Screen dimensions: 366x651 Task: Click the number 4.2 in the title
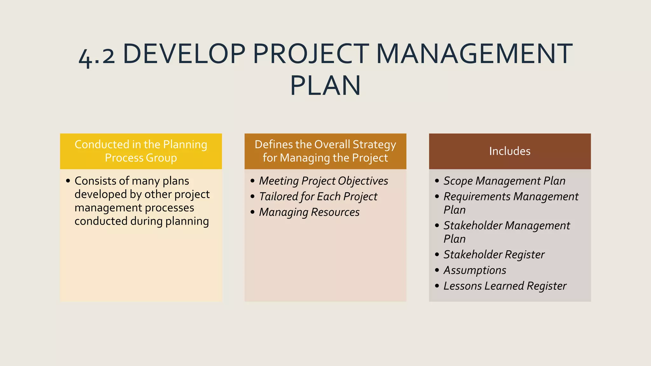pyautogui.click(x=97, y=56)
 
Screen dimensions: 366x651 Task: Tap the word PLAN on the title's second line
pyautogui.click(x=325, y=85)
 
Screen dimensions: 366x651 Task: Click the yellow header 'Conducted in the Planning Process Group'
pyautogui.click(x=141, y=151)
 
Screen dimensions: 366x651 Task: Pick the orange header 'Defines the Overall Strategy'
pyautogui.click(x=325, y=151)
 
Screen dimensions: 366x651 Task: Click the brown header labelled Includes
pyautogui.click(x=510, y=151)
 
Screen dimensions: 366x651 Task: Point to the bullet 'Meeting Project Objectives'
pyautogui.click(x=323, y=181)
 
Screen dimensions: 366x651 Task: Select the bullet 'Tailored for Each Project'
pyautogui.click(x=318, y=196)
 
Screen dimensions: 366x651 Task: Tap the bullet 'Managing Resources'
pyautogui.click(x=309, y=212)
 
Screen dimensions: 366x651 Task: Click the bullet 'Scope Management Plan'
pyautogui.click(x=504, y=181)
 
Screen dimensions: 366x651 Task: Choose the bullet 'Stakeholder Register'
pyautogui.click(x=494, y=254)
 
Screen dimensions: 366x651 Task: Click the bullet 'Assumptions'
pyautogui.click(x=475, y=270)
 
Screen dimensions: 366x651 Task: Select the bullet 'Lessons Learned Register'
pyautogui.click(x=505, y=286)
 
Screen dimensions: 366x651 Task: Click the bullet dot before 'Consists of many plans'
pyautogui.click(x=68, y=181)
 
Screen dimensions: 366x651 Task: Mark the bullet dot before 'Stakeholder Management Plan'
pyautogui.click(x=437, y=226)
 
